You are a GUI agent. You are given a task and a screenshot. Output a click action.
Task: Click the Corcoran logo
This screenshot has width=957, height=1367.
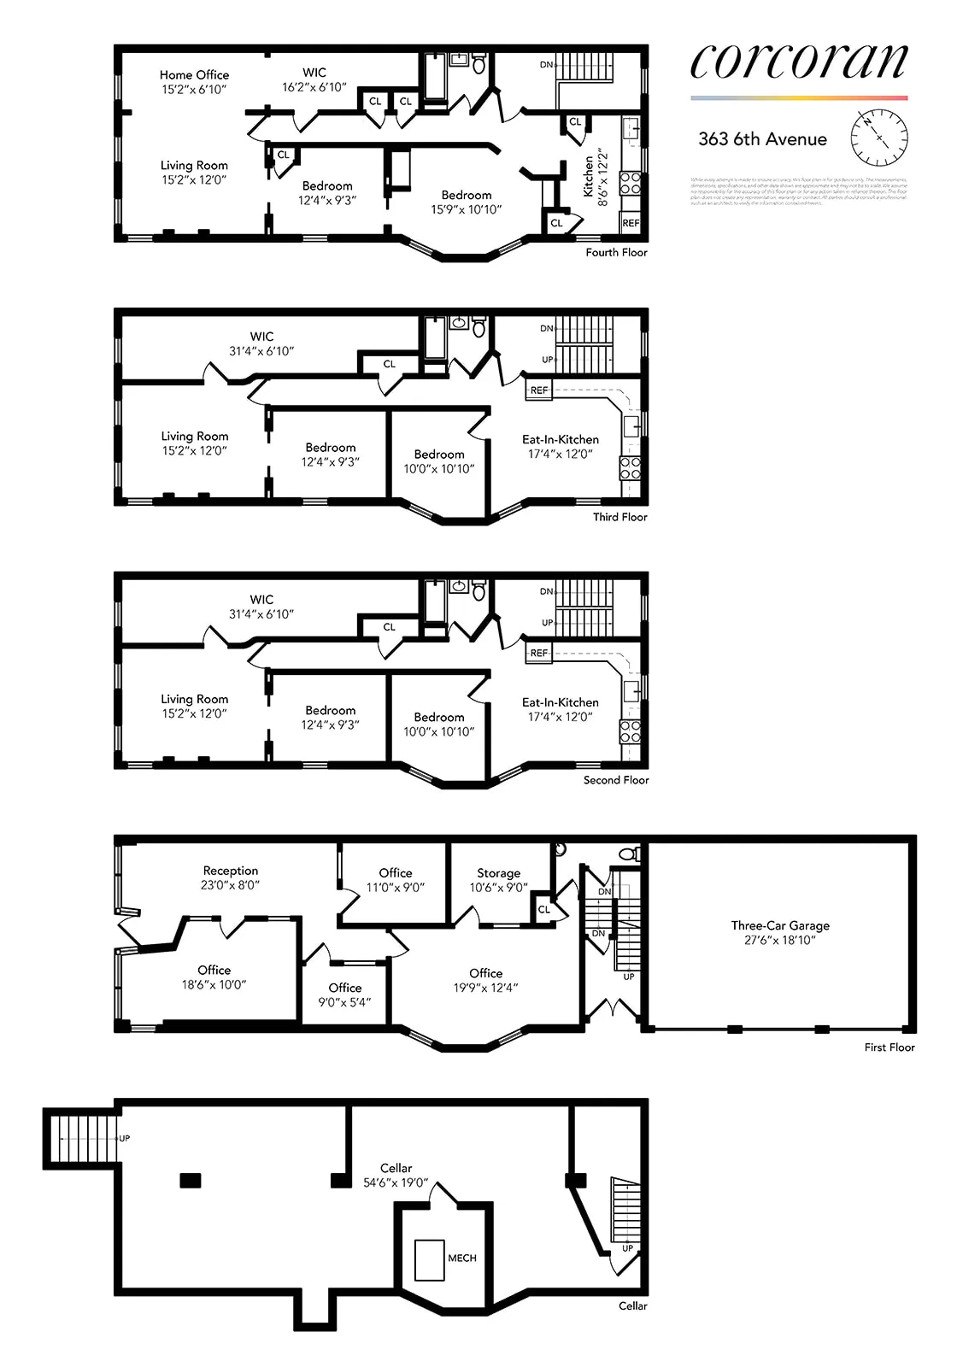798,62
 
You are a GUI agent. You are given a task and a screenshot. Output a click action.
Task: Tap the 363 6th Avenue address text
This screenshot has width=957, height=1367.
762,139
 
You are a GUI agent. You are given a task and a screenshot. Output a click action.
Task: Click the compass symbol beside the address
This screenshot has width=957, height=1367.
879,138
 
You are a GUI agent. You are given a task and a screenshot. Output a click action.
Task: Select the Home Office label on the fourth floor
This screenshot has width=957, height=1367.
194,81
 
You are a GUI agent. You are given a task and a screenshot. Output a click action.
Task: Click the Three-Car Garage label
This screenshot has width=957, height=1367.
780,932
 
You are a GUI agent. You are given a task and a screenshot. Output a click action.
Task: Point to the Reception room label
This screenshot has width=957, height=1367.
230,877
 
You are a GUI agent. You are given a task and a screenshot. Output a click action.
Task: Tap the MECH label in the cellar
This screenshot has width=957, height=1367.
462,1258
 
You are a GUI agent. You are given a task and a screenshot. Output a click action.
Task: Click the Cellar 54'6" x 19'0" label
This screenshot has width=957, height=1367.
396,1175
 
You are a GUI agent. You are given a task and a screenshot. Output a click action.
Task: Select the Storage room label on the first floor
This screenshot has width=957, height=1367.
498,880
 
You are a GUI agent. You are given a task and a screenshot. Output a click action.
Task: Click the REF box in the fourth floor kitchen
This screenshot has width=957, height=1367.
631,223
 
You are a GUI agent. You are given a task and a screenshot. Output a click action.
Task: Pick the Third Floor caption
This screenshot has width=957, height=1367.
620,517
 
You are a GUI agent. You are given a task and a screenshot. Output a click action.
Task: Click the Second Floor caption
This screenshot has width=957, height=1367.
616,780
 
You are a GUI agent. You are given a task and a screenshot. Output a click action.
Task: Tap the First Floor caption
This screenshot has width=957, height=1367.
889,1047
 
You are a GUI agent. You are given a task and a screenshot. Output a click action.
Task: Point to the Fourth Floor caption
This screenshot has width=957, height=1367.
616,252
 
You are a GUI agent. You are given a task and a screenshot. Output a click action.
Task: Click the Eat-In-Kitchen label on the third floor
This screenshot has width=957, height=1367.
561,446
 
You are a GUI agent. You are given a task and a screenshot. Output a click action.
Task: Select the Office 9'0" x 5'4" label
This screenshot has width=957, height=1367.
345,994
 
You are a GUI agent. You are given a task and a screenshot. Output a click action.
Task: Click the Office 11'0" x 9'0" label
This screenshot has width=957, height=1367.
396,879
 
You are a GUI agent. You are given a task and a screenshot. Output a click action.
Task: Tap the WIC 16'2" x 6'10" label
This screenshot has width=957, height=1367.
314,79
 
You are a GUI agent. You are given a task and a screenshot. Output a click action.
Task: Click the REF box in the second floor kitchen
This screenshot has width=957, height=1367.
539,653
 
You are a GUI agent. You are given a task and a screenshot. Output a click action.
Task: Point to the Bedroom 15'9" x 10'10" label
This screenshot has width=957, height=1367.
467,202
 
